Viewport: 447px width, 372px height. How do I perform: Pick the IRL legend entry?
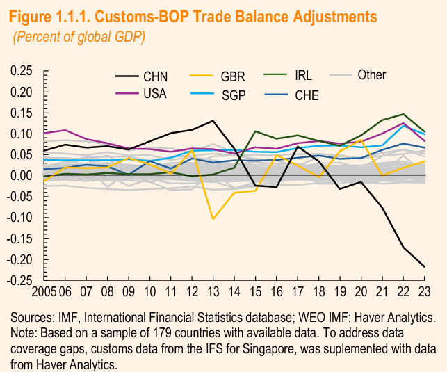(304, 74)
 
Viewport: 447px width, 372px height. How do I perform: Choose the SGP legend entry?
(233, 95)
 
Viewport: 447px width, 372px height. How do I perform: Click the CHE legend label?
(307, 95)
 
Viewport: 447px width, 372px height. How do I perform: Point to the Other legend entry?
(371, 74)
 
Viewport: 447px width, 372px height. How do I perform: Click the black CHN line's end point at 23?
(425, 267)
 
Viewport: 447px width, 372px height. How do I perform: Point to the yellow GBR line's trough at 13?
(213, 219)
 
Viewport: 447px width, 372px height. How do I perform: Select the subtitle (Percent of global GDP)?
(79, 37)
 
